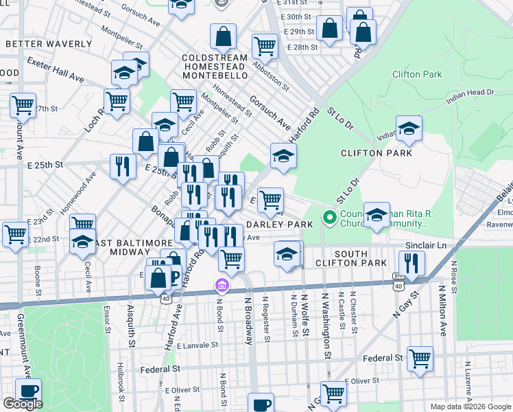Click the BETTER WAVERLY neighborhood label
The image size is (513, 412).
(49, 44)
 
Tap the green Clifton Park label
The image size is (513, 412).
(417, 74)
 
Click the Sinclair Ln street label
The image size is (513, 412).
(426, 244)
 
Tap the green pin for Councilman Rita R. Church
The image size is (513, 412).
(329, 219)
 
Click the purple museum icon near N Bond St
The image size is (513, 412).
(222, 285)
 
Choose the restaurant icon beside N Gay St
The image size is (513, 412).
(411, 262)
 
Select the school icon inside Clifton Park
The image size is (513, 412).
(409, 128)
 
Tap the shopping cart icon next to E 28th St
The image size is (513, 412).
(265, 45)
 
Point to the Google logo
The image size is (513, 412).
(23, 404)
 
